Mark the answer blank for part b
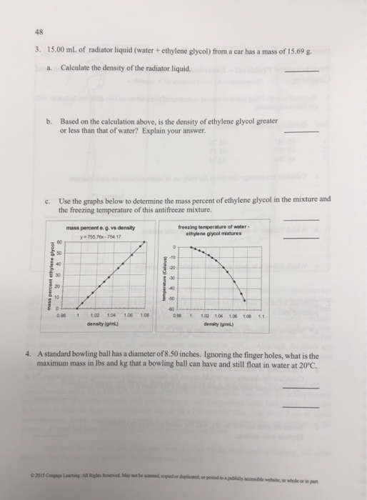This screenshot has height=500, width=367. (301, 132)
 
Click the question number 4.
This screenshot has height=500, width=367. (35, 356)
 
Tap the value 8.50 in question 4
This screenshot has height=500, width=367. (186, 356)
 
